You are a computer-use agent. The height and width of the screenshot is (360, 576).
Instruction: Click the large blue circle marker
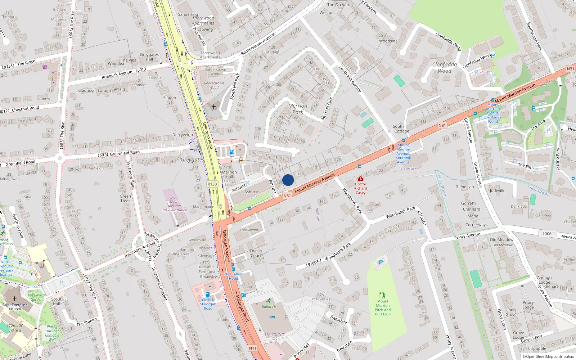point(288,180)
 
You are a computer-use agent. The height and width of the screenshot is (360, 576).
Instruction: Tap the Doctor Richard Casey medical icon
point(360,179)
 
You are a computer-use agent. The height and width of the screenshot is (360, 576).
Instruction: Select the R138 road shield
point(212,184)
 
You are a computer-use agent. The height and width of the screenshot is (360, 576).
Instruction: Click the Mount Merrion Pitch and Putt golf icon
point(382,295)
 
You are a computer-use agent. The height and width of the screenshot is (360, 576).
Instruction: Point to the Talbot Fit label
point(269,307)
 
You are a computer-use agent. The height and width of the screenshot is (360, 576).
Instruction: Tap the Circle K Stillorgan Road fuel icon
point(208,294)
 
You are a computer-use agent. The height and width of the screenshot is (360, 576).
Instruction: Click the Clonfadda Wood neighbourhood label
point(445,68)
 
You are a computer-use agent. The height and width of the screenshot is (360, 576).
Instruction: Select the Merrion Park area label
point(298,109)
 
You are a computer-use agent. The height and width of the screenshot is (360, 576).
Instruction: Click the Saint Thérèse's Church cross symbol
point(15,299)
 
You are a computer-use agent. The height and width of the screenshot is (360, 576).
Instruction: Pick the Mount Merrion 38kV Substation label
point(174,206)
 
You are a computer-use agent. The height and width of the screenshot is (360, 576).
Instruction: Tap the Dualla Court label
point(256,253)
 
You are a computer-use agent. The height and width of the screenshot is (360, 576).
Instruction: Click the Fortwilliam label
point(249,230)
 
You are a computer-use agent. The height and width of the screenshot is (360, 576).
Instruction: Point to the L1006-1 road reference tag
point(547,234)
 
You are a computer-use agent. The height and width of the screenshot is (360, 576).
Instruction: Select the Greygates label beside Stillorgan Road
point(192,159)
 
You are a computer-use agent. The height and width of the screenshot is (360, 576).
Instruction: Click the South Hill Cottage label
point(398,129)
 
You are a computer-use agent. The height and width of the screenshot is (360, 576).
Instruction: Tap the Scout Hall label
point(56,301)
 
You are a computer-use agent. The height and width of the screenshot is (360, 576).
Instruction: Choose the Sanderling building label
point(188,14)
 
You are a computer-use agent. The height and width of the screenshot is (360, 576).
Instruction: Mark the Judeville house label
point(498,191)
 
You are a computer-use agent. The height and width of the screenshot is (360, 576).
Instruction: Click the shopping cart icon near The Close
point(45,67)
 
